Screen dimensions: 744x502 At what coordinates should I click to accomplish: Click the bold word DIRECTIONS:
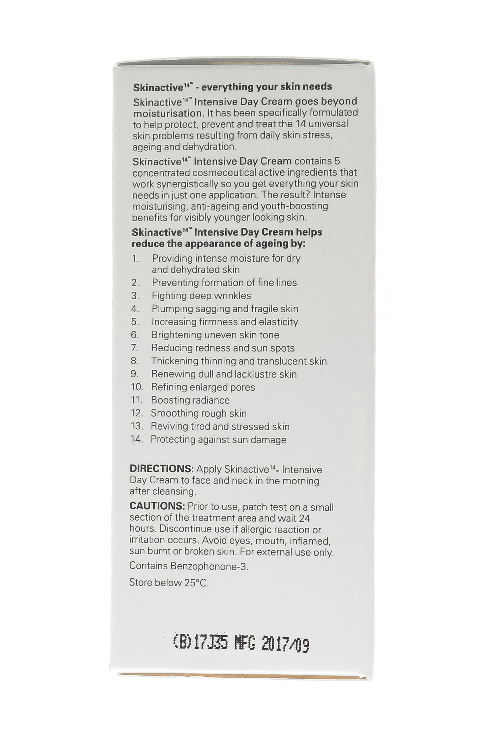[161, 469]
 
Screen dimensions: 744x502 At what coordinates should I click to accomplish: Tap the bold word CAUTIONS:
[157, 506]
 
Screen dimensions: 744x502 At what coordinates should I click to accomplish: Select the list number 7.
[134, 348]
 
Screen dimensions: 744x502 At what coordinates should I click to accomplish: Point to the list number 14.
[136, 439]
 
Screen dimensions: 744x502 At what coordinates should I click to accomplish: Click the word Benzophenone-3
[209, 566]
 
